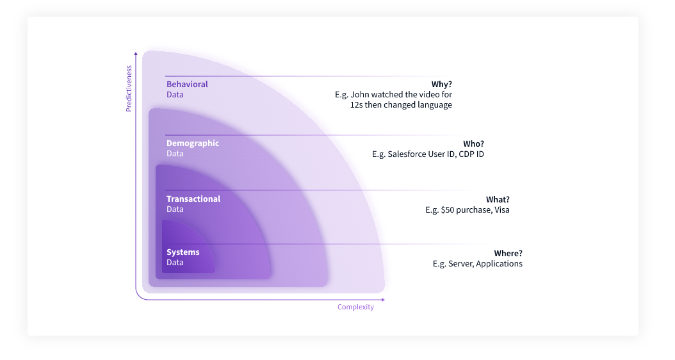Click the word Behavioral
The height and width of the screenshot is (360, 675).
(x=187, y=85)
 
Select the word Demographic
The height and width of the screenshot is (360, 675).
(x=193, y=143)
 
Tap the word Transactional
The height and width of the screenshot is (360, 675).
(x=193, y=199)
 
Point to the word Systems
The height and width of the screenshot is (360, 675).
(x=183, y=252)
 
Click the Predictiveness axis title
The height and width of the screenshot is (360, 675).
(x=129, y=88)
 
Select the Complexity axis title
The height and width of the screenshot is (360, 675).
(x=355, y=307)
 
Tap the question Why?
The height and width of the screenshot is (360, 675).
(x=442, y=85)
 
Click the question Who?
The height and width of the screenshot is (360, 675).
(x=473, y=144)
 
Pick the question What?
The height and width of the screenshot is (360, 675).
(x=498, y=200)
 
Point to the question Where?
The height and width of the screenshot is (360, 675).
(x=508, y=254)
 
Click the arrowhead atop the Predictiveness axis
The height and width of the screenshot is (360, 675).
(x=136, y=54)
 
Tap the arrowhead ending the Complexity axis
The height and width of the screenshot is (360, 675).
(x=383, y=300)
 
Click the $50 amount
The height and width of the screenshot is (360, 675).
(x=447, y=210)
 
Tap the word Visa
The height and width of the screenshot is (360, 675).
(x=502, y=210)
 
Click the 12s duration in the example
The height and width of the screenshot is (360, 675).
(x=357, y=105)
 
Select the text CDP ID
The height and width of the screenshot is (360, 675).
(x=471, y=154)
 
